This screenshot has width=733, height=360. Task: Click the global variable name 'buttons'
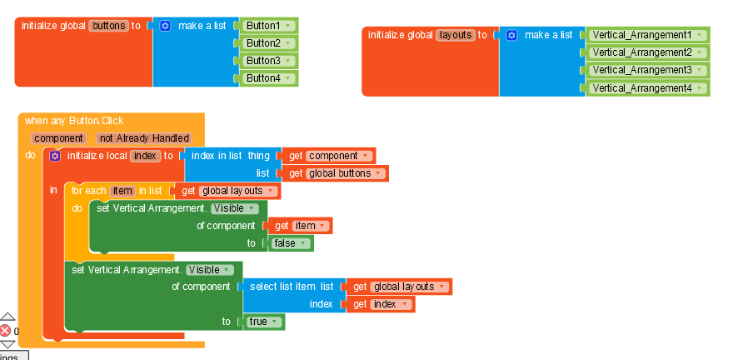coord(108,26)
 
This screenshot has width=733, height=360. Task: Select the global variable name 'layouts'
coord(456,35)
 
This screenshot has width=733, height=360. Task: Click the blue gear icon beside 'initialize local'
coord(55,156)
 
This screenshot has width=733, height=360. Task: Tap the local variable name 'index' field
coord(145,156)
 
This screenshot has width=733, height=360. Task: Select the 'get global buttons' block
coord(337,173)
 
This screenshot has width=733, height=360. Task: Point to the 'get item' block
coord(299,226)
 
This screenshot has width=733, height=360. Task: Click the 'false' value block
coord(289,243)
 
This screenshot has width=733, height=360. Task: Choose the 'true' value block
coord(264,322)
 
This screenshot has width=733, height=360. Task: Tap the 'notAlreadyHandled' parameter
coord(144,138)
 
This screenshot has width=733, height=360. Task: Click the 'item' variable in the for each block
coord(122,191)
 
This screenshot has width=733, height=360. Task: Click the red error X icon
coord(6,331)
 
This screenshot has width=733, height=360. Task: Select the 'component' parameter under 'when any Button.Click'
coord(58,138)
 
